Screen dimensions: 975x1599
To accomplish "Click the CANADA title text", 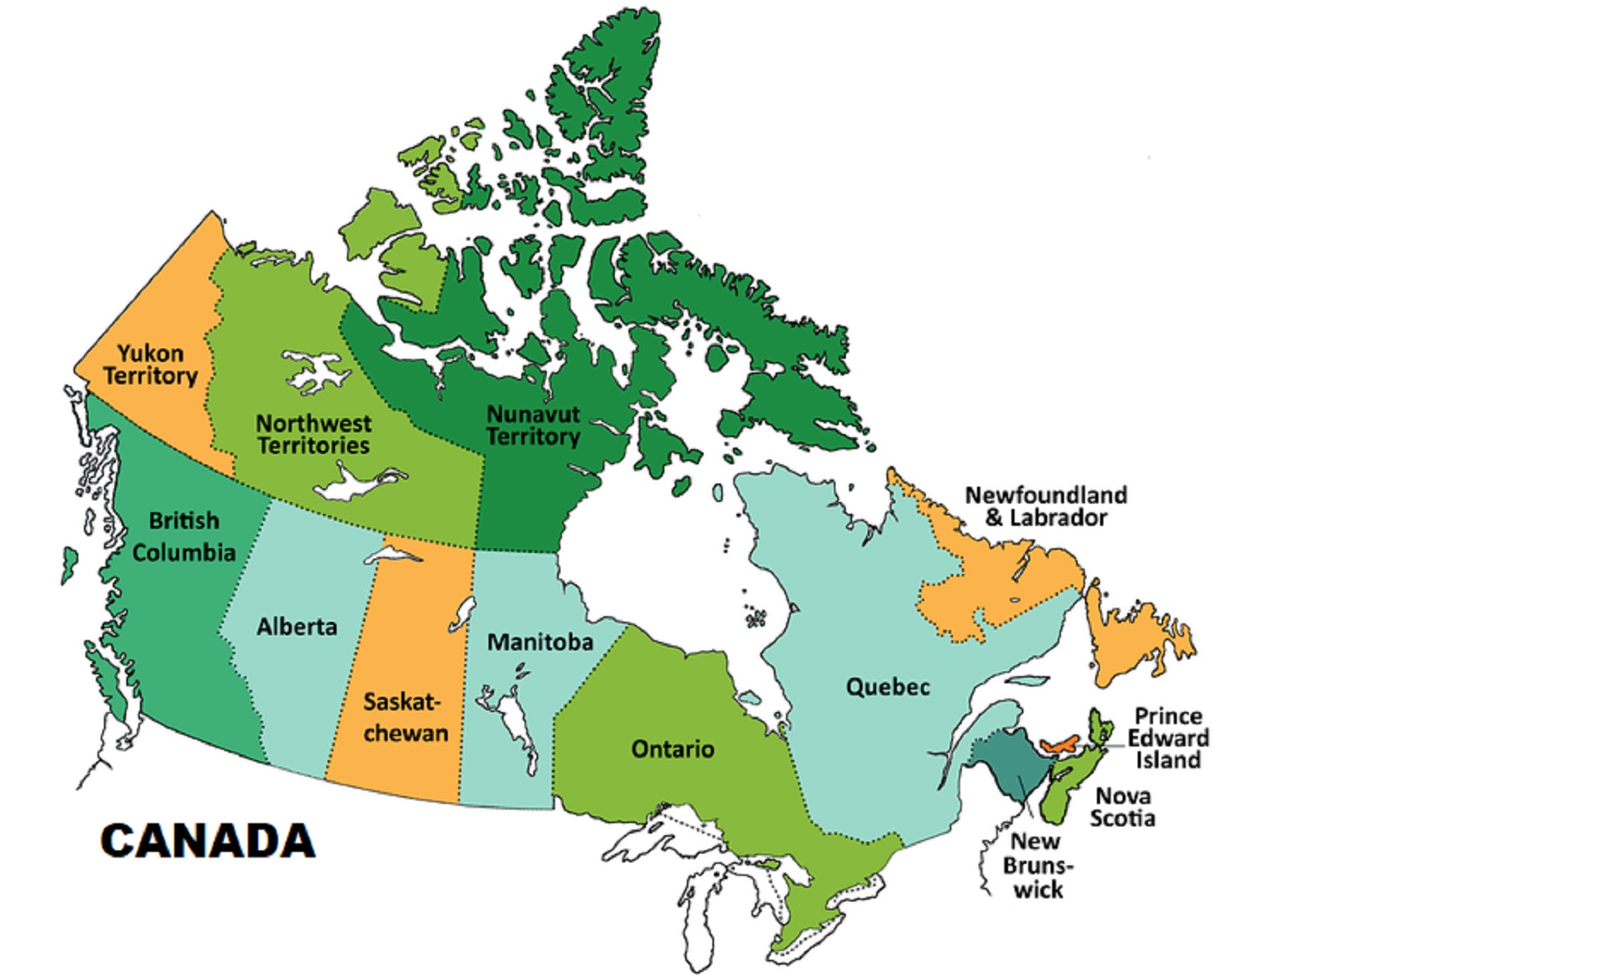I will [x=208, y=842].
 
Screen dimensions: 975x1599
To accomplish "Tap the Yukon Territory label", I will [x=150, y=365].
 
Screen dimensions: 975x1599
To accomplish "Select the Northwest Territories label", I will [x=313, y=435].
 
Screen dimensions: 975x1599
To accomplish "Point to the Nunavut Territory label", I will [x=533, y=426].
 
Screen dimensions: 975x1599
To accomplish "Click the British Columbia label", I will [x=184, y=537].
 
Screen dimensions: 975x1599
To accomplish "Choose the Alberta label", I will [x=297, y=627].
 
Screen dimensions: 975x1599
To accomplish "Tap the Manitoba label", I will [x=540, y=643].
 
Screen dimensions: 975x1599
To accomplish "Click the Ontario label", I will [x=672, y=750].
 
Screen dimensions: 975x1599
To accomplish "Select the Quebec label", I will [x=887, y=687].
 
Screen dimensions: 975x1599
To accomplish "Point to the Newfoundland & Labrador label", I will [x=1046, y=507].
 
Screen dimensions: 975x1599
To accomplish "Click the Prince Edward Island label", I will [x=1168, y=738].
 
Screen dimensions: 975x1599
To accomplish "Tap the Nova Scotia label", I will [x=1122, y=807].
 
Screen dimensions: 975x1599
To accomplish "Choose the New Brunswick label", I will [x=1037, y=866].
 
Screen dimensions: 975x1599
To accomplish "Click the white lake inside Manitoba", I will [x=516, y=723].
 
